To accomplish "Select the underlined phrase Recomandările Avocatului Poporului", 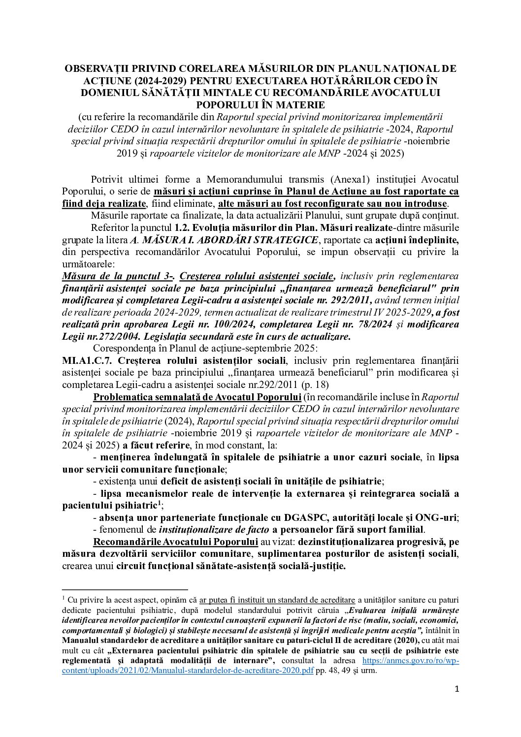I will [175, 542].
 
